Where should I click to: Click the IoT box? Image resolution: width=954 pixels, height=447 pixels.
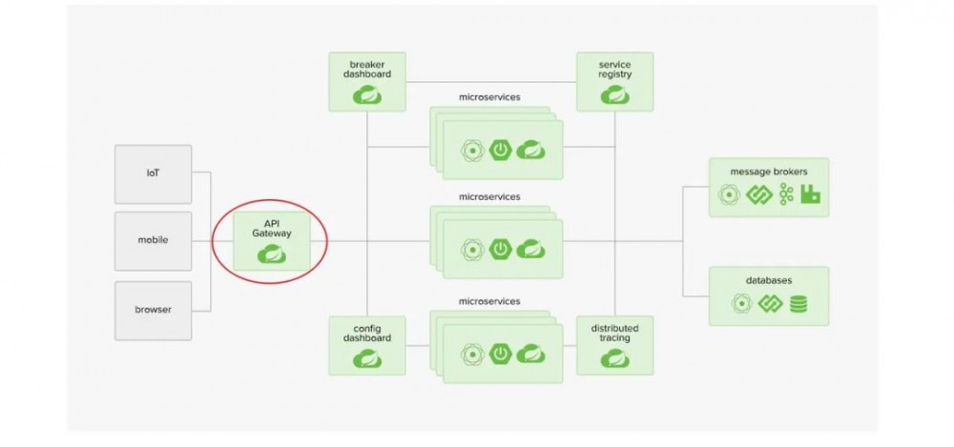click(x=153, y=173)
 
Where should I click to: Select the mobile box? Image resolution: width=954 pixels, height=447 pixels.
click(x=153, y=240)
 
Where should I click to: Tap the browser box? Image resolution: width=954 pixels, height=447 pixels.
click(x=153, y=310)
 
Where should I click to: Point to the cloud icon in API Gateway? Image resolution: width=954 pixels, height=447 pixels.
click(x=272, y=254)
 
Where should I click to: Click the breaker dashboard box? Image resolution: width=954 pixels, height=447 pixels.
click(x=366, y=81)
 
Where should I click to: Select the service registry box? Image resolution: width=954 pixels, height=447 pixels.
click(x=614, y=81)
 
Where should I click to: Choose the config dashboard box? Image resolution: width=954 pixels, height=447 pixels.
click(x=366, y=344)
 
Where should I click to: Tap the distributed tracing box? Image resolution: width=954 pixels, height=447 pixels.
click(x=614, y=344)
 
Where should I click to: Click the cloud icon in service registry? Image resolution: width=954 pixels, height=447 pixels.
click(x=614, y=94)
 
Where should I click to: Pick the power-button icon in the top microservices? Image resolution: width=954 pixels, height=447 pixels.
click(x=500, y=150)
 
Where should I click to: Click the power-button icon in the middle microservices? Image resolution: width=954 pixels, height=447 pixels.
click(x=500, y=249)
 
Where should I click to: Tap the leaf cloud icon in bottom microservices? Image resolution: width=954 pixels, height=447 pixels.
click(x=530, y=356)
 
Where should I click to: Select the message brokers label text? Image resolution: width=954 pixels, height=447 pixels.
click(x=768, y=172)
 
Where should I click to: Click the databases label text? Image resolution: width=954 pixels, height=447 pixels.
click(x=768, y=280)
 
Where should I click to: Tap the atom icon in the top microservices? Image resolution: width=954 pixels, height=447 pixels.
click(x=469, y=150)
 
